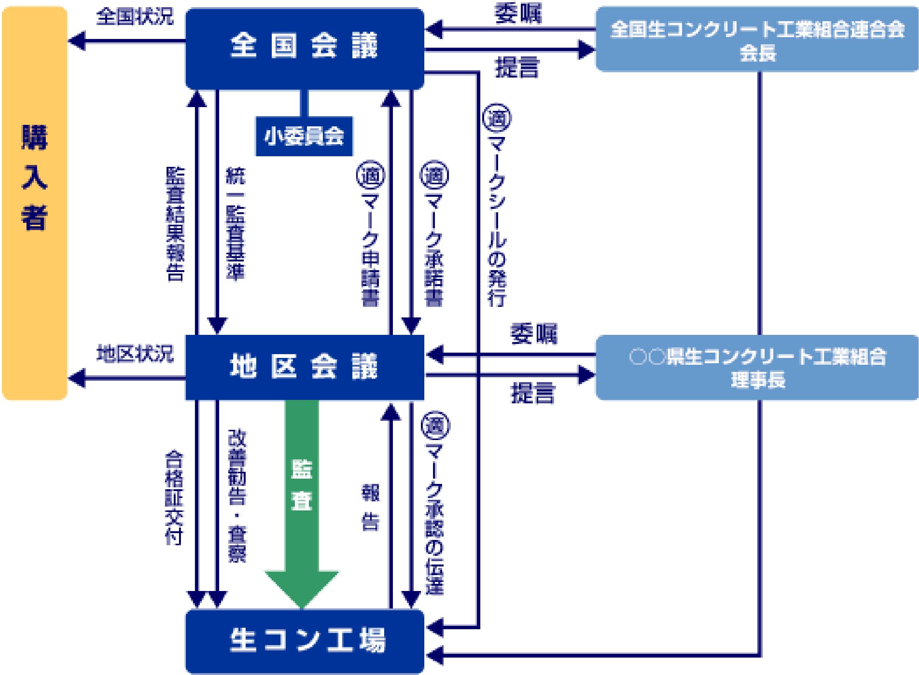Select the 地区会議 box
[x=304, y=367]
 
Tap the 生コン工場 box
[x=304, y=641]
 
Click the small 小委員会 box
[x=304, y=136]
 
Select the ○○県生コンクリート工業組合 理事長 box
[x=757, y=367]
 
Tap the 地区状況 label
[x=135, y=354]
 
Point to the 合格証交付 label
[x=174, y=498]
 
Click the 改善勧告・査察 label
[x=237, y=496]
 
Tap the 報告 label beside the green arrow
[x=370, y=507]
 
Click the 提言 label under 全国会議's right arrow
[x=517, y=67]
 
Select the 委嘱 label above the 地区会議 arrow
[x=533, y=334]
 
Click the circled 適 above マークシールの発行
[x=497, y=118]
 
